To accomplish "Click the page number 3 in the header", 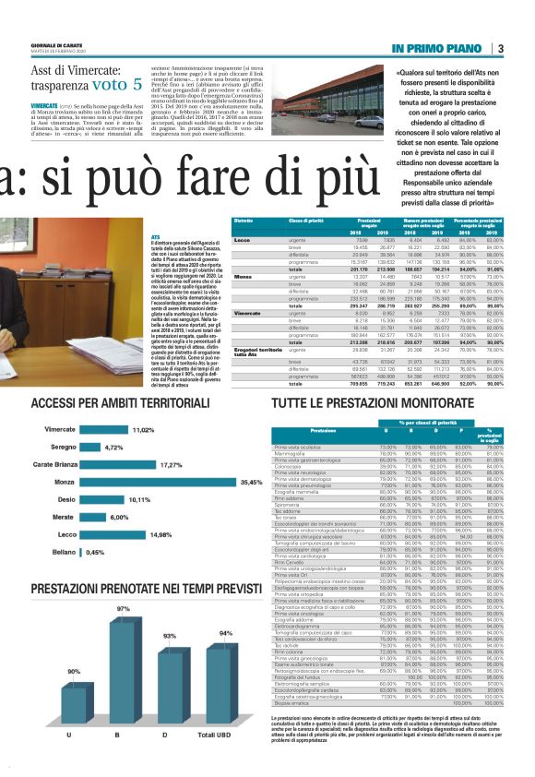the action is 499,48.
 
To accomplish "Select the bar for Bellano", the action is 82,553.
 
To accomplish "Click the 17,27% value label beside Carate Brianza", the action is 172,465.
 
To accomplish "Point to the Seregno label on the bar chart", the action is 64,448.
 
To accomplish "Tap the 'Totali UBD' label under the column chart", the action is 224,760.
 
